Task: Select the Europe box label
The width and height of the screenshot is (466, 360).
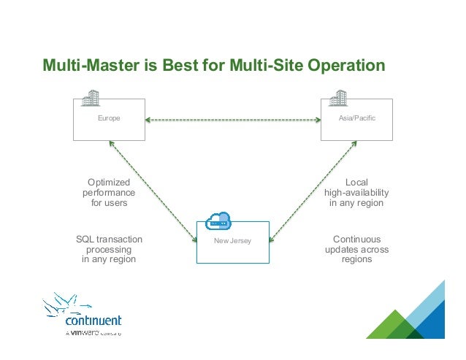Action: click(109, 118)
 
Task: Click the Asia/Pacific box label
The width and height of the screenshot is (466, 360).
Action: click(358, 118)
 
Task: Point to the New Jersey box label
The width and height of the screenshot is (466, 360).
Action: click(232, 240)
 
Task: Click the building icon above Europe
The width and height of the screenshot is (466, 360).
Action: click(91, 96)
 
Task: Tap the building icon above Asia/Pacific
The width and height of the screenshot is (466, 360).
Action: click(338, 96)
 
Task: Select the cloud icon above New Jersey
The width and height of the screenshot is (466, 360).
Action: click(218, 220)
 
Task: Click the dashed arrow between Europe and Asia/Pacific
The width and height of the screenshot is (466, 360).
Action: click(233, 119)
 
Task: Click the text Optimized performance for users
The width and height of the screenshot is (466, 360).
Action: click(109, 192)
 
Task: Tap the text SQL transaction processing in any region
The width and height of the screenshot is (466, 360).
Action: click(109, 249)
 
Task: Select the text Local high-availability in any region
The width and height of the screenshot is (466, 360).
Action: click(356, 192)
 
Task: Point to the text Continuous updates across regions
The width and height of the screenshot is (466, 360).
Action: click(356, 249)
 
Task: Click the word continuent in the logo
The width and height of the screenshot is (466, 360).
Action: click(93, 320)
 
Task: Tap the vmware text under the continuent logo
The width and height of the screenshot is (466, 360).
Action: click(81, 332)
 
